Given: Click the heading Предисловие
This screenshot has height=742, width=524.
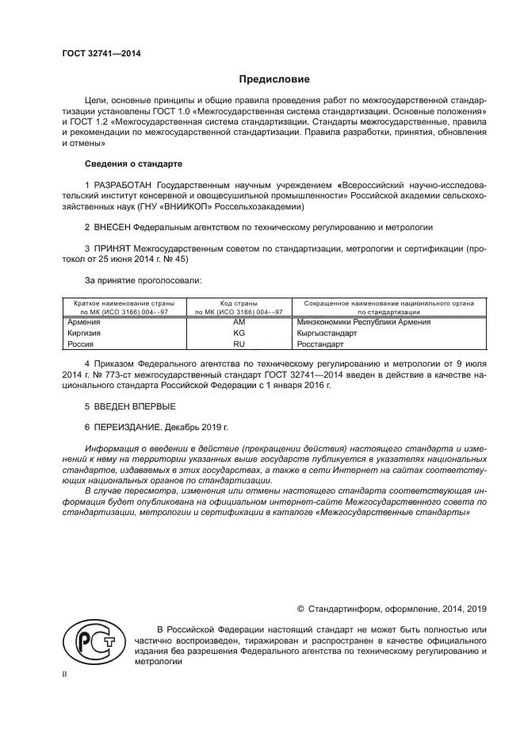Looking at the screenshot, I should point(274,79).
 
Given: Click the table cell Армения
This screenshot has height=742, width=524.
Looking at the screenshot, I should point(84,322).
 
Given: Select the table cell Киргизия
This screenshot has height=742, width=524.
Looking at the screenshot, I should point(85,333).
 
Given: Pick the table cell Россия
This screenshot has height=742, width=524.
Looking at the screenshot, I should point(82,344).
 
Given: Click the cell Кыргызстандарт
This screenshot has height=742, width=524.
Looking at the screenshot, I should point(327,333).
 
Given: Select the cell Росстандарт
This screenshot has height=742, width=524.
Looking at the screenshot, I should point(320,344).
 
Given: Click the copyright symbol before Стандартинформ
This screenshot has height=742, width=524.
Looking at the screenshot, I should point(301,609).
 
